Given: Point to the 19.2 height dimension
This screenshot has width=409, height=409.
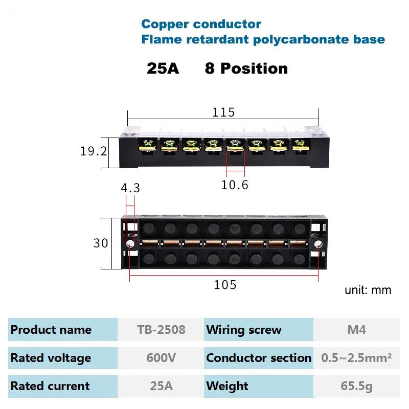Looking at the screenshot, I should (94, 152).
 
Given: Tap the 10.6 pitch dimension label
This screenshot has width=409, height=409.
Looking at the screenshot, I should (234, 185).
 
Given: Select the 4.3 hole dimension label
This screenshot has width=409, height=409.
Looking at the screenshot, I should (130, 188).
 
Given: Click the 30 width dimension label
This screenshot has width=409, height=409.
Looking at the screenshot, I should (101, 243).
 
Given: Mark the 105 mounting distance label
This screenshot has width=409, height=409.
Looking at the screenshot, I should (225, 285).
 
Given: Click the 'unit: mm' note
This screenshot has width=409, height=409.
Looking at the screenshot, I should (368, 290).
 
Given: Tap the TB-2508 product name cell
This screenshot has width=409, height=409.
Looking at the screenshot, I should (161, 330).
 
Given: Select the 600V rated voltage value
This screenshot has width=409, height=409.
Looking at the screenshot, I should (161, 358).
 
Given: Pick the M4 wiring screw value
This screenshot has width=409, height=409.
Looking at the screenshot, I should (356, 330).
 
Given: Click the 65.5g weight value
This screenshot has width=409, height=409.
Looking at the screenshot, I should (356, 386).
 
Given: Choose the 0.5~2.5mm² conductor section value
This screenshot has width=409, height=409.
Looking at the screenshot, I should (356, 358).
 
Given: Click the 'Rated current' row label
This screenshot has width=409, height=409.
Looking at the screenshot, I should (50, 386).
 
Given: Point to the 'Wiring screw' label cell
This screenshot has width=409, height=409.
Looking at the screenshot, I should (244, 330).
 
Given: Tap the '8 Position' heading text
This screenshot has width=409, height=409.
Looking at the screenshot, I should (246, 69).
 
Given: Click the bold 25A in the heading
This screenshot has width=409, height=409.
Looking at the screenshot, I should (163, 69).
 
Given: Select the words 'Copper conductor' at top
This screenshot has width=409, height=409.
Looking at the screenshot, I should (201, 24).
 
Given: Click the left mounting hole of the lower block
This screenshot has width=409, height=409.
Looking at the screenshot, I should (130, 244).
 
